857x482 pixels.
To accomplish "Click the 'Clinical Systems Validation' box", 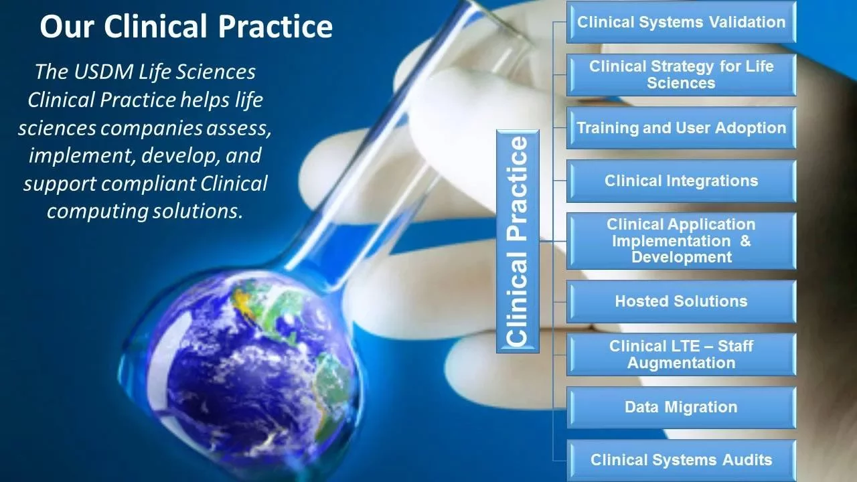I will (681, 22).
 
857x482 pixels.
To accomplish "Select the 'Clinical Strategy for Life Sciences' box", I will (681, 75).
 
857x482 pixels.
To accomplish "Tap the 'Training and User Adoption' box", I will (681, 128).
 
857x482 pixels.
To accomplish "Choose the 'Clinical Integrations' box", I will (681, 181).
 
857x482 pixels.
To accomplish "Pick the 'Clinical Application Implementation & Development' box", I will (681, 241).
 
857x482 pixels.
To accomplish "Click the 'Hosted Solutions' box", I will (681, 301).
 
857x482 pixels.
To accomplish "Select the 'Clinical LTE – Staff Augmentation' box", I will (681, 354).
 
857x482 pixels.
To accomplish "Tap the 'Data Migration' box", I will (681, 407).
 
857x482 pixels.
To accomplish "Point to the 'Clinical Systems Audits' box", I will (681, 460).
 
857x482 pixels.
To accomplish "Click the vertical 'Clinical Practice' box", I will (517, 241).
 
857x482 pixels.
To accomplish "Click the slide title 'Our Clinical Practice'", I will (185, 27).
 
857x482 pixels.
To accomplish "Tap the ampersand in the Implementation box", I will (745, 241).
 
